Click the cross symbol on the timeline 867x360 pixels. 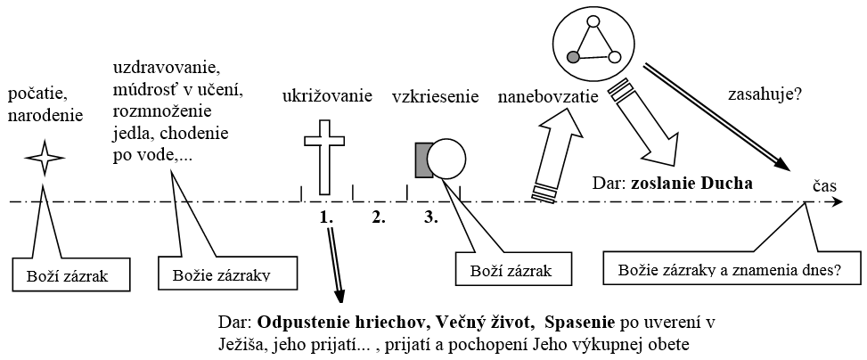pyautogui.click(x=324, y=155)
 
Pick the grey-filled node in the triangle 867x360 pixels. pyautogui.click(x=574, y=58)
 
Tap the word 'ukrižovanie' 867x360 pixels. pyautogui.click(x=327, y=95)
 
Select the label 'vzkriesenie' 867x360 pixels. pyautogui.click(x=436, y=95)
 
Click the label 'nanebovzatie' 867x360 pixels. pyautogui.click(x=546, y=95)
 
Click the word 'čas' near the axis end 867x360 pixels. pyautogui.click(x=823, y=182)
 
